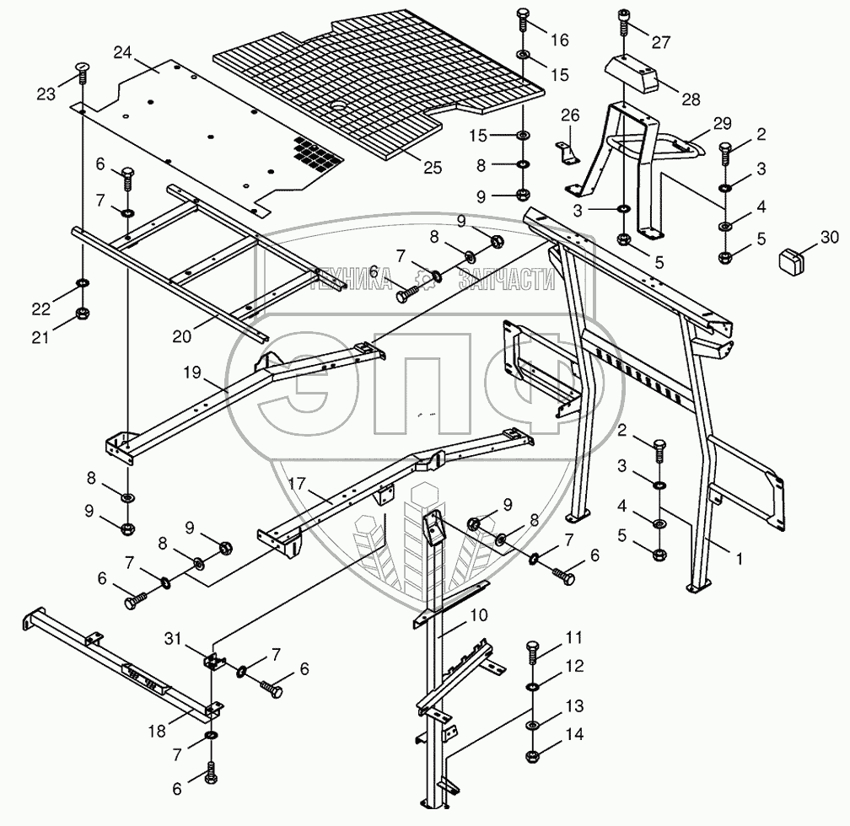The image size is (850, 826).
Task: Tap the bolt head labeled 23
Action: tap(82, 69)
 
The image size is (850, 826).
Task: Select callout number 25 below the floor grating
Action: tap(432, 167)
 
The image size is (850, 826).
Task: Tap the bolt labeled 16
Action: tap(524, 18)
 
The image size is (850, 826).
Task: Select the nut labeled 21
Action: tap(83, 314)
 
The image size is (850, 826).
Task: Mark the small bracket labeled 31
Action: tap(212, 659)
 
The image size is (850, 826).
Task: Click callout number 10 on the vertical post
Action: tap(477, 615)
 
